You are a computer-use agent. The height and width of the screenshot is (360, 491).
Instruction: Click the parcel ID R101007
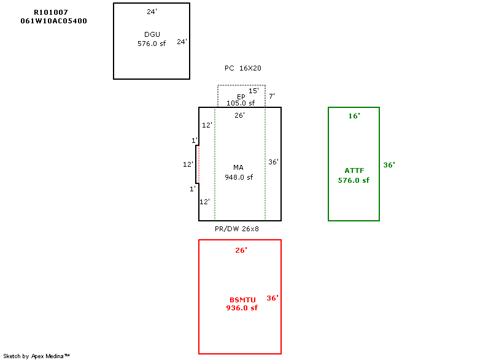[x=51, y=12]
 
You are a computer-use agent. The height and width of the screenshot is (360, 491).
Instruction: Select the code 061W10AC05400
[x=54, y=21]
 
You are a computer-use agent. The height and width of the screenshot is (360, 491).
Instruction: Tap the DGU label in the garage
[x=152, y=34]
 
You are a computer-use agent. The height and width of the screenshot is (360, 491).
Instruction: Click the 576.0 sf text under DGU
[x=152, y=44]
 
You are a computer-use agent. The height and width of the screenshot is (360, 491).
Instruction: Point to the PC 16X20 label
[x=242, y=68]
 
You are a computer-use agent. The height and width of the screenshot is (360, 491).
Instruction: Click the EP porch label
[x=241, y=97]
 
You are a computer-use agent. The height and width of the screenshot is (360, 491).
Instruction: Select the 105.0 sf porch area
[x=241, y=103]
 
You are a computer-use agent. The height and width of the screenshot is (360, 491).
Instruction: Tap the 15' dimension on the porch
[x=253, y=91]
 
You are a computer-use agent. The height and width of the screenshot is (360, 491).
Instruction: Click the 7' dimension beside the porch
[x=272, y=96]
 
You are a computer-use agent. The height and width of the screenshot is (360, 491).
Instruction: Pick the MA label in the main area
[x=238, y=167]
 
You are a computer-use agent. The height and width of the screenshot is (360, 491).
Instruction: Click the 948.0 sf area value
[x=239, y=177]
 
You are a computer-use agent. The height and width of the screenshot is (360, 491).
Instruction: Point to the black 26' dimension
[x=239, y=115]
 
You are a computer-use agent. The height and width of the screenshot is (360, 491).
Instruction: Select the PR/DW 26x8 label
[x=237, y=229]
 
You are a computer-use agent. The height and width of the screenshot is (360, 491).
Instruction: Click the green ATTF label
[x=355, y=170]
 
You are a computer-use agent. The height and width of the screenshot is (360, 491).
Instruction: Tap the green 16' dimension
[x=354, y=116]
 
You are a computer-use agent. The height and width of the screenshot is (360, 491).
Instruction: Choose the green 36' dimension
[x=389, y=165]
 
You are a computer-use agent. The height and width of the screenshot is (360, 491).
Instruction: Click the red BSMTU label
[x=242, y=300]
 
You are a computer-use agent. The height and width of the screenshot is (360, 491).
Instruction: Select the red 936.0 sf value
[x=242, y=308]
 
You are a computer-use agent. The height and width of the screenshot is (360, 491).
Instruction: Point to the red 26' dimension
[x=241, y=250]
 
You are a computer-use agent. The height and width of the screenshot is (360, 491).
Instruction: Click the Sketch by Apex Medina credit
[x=36, y=356]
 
